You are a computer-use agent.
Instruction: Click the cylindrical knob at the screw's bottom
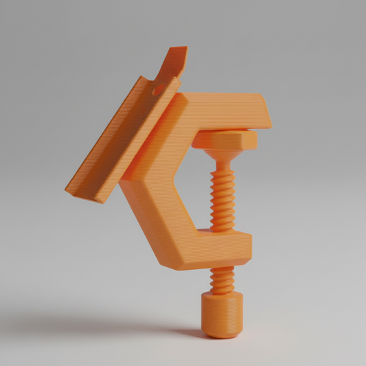pyautogui.click(x=222, y=317)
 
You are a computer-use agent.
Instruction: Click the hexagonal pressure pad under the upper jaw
pyautogui.click(x=225, y=140)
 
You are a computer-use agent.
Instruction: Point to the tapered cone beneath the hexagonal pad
pyautogui.click(x=223, y=160)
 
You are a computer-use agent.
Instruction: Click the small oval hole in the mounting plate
pyautogui.click(x=157, y=89)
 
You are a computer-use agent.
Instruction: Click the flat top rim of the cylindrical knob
pyautogui.click(x=222, y=297)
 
